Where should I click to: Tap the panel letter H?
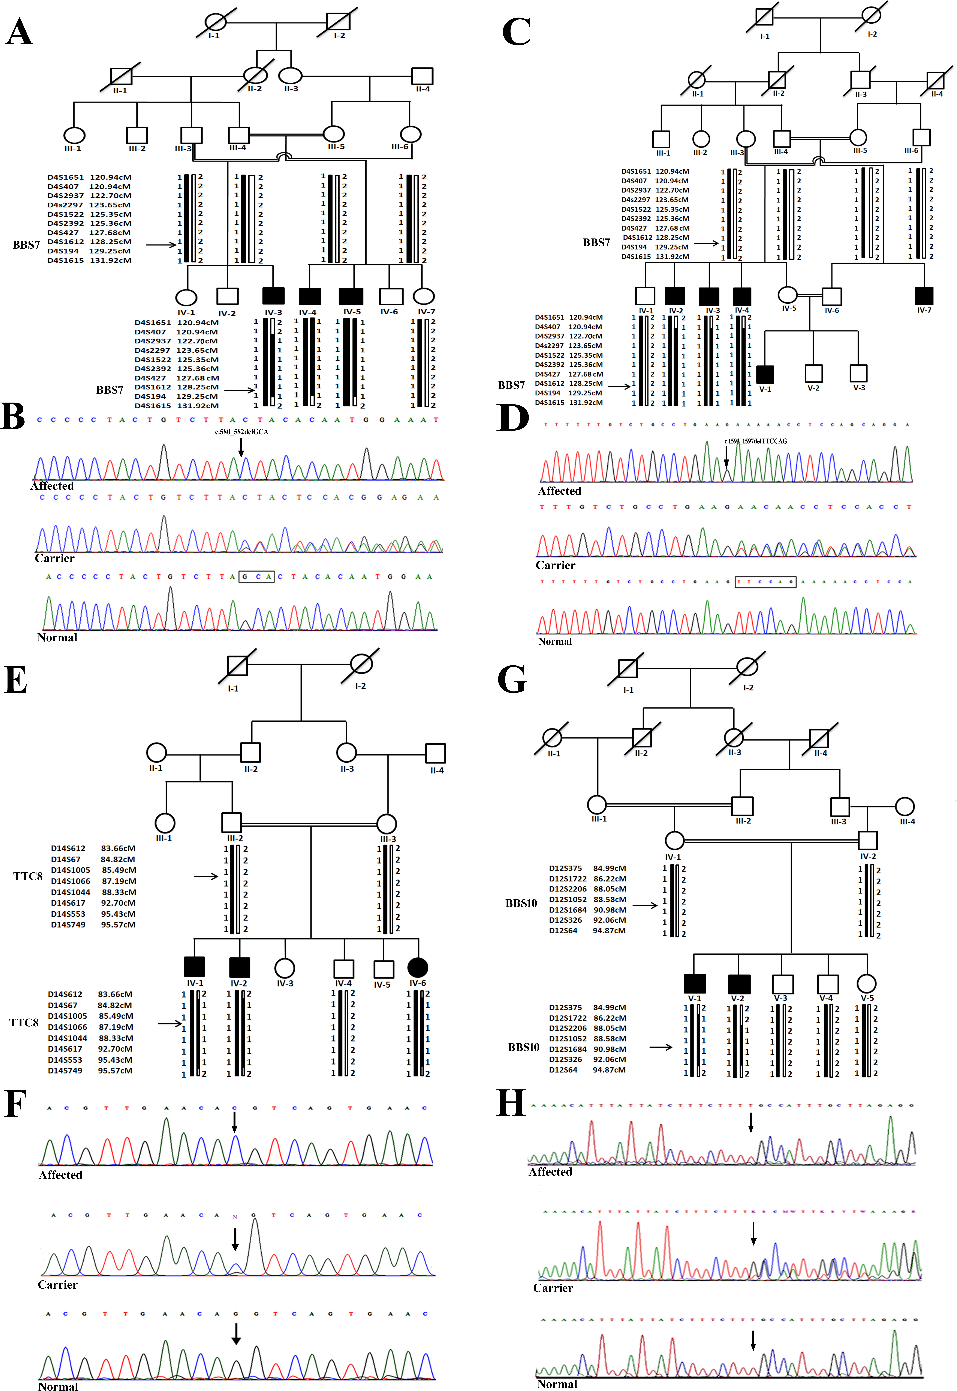pos(511,1104)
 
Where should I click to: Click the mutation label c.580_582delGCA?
pos(242,432)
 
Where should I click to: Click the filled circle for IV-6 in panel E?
pos(417,967)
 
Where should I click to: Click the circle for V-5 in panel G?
pos(866,983)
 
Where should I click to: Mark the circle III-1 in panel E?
pos(165,823)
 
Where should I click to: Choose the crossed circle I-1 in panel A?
pos(216,22)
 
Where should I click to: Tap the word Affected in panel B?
pos(52,486)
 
